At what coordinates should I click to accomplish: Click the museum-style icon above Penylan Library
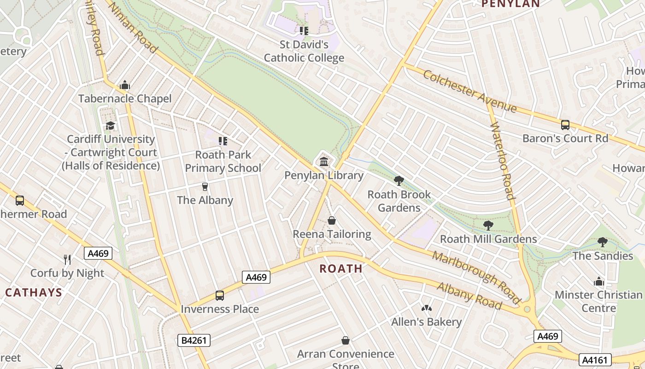[x=323, y=162]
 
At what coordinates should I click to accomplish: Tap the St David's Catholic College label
[x=304, y=51]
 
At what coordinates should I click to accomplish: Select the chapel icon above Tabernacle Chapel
[x=124, y=85]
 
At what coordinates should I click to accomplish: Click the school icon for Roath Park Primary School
[x=223, y=141]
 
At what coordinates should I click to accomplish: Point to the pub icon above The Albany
[x=205, y=187]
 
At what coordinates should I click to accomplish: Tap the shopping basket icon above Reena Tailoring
[x=332, y=221]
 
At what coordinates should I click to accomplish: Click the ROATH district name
[x=341, y=268]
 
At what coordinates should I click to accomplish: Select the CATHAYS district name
[x=34, y=292]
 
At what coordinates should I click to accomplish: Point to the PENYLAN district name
[x=510, y=4]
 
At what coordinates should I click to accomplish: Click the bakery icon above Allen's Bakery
[x=427, y=308]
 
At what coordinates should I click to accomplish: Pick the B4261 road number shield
[x=194, y=341]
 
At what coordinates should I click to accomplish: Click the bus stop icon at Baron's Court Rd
[x=565, y=125]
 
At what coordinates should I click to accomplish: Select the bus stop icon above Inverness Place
[x=220, y=296]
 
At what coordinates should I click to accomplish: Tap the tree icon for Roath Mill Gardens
[x=488, y=226]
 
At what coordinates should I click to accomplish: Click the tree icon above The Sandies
[x=602, y=242]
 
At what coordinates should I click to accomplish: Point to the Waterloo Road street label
[x=502, y=161]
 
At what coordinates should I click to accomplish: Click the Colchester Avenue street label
[x=469, y=91]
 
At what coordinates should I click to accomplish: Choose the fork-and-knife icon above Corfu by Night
[x=67, y=260]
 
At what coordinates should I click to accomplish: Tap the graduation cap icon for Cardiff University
[x=111, y=126]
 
